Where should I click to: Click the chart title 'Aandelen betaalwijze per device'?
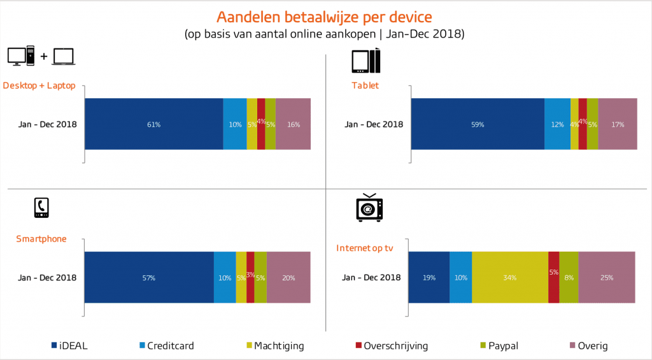(x=324, y=17)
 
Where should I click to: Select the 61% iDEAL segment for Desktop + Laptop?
(x=153, y=124)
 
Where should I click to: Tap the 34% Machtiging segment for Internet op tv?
(x=509, y=277)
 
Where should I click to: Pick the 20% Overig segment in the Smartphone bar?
(x=288, y=277)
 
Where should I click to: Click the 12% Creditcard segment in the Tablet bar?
(x=557, y=124)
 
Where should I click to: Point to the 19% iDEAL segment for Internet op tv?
(x=429, y=277)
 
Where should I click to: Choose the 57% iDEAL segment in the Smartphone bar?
(x=149, y=277)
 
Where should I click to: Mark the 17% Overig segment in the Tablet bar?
(x=618, y=124)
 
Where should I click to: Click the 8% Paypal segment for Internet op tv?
(x=569, y=277)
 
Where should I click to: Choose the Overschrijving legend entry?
(x=391, y=346)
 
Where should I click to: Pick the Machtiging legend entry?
(x=274, y=346)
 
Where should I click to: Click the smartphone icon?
(x=41, y=208)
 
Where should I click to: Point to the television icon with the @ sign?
(x=369, y=208)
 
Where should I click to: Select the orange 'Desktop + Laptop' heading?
(x=39, y=85)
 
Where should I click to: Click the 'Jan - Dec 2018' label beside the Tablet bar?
(x=374, y=124)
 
